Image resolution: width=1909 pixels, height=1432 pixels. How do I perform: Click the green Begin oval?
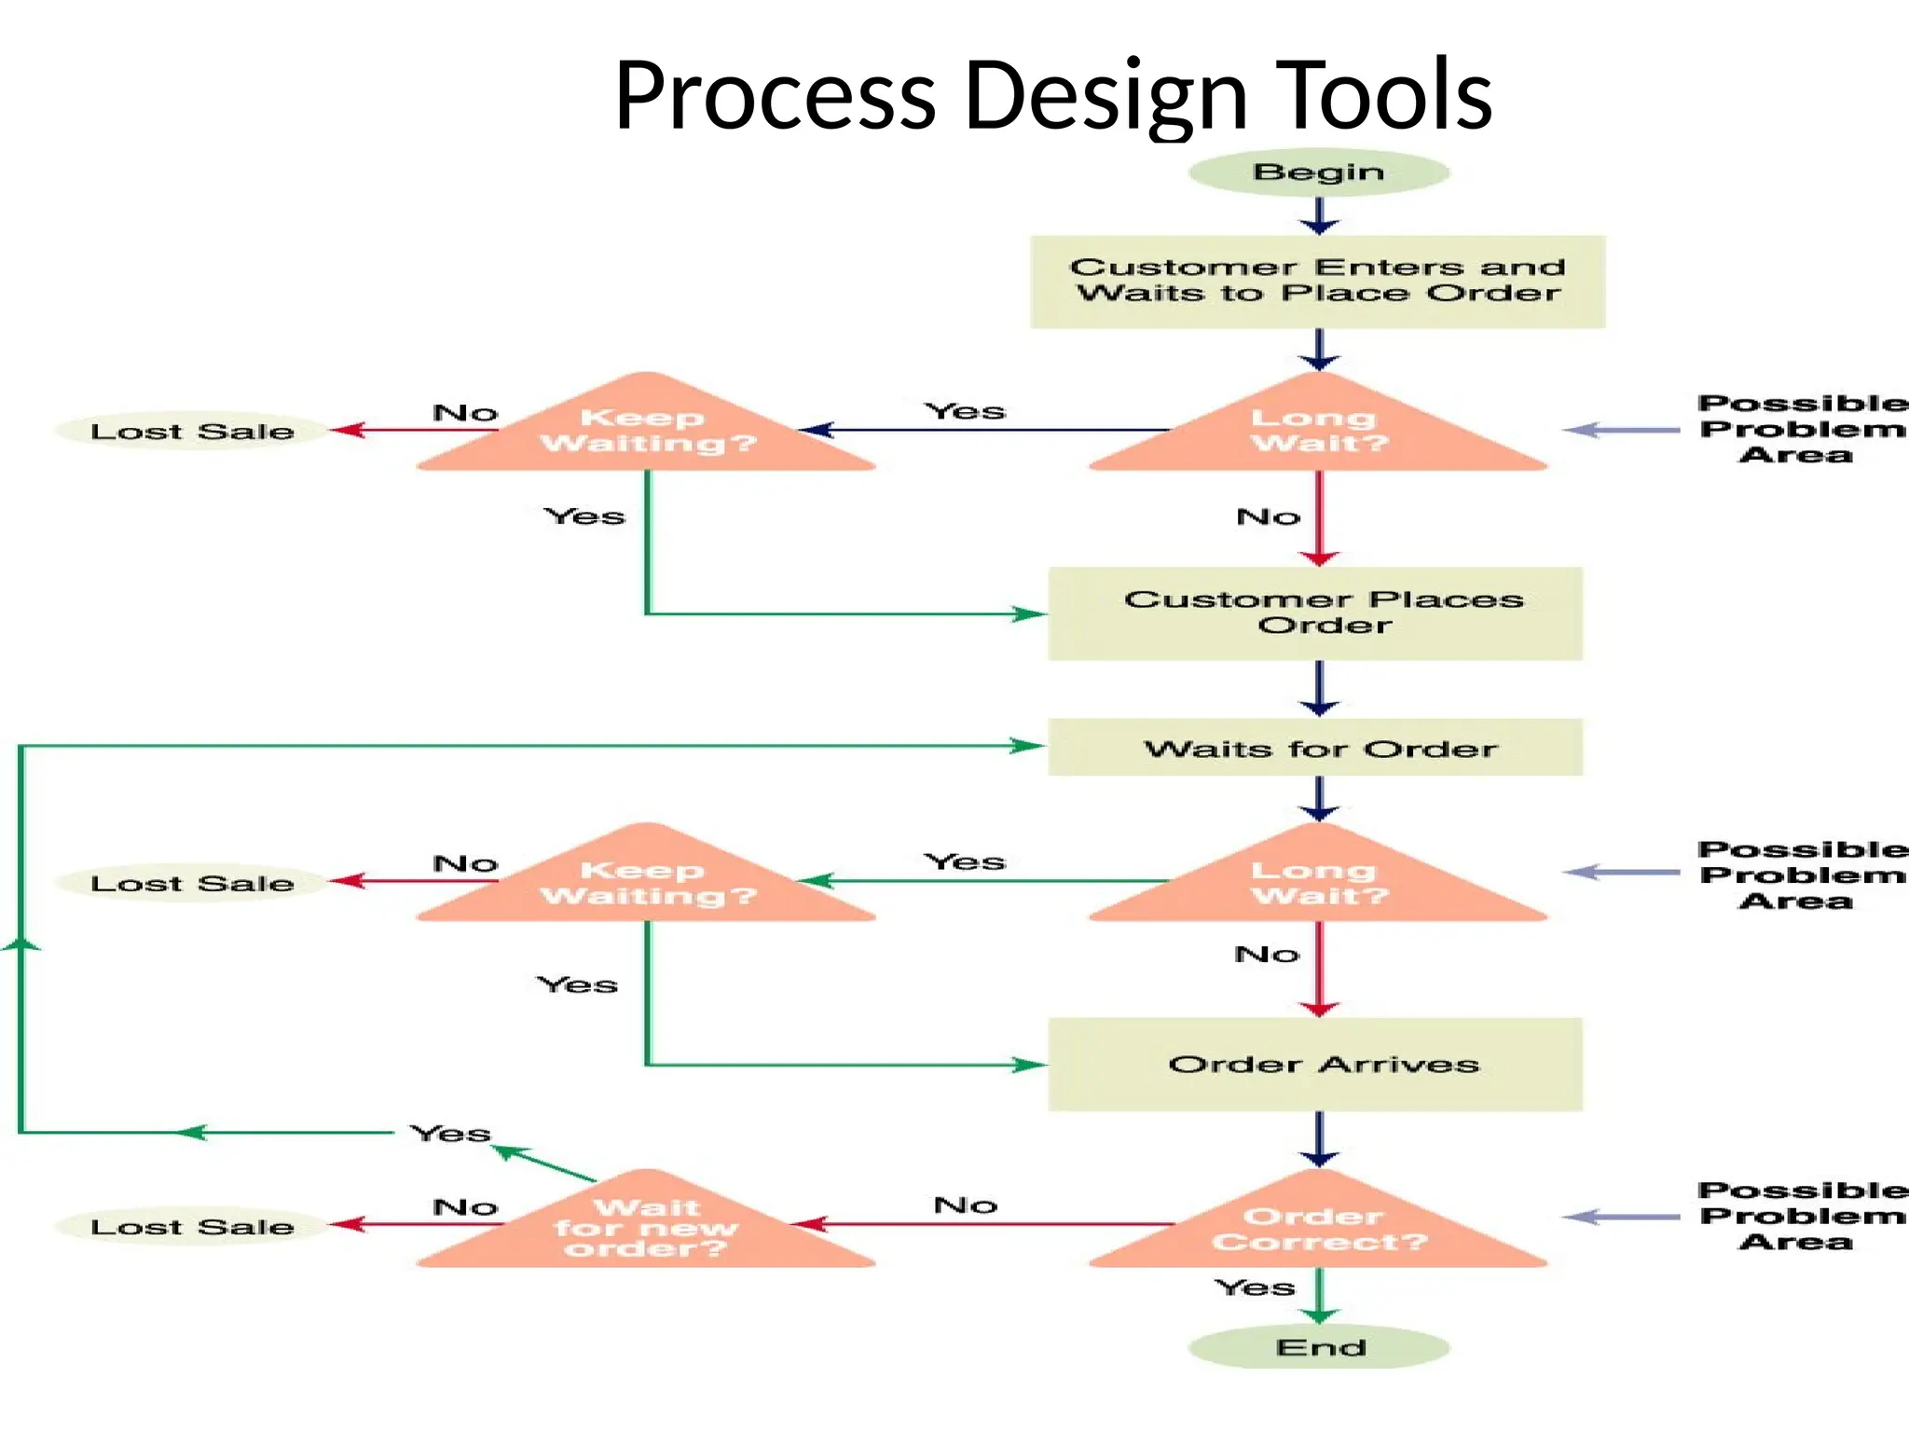pyautogui.click(x=1318, y=172)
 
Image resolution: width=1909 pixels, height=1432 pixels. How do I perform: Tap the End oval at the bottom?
pyautogui.click(x=1318, y=1347)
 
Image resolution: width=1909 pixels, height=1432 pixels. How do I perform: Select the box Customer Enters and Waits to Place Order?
pyautogui.click(x=1317, y=281)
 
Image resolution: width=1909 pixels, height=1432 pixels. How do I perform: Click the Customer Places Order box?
pyautogui.click(x=1315, y=613)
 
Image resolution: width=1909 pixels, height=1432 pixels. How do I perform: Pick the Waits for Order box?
pyautogui.click(x=1315, y=748)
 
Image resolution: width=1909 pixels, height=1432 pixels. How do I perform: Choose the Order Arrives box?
pyautogui.click(x=1315, y=1064)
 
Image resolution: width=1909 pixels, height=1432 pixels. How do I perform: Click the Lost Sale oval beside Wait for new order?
pyautogui.click(x=192, y=1227)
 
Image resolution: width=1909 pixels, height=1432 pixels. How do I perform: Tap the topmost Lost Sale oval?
pyautogui.click(x=192, y=431)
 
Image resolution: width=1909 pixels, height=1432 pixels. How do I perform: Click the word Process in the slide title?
pyautogui.click(x=775, y=95)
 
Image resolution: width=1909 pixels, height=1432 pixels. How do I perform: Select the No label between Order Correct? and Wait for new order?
pyautogui.click(x=966, y=1205)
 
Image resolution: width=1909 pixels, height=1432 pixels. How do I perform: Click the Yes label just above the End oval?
pyautogui.click(x=1255, y=1287)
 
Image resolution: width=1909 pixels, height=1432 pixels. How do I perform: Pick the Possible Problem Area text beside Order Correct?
pyautogui.click(x=1799, y=1216)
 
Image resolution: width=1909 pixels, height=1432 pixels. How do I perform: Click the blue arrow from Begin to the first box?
pyautogui.click(x=1319, y=215)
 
